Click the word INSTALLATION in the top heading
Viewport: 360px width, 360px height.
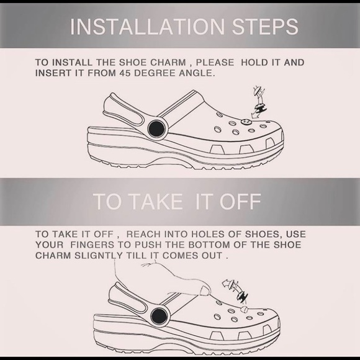tap(146, 26)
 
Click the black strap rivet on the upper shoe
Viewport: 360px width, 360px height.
tap(156, 129)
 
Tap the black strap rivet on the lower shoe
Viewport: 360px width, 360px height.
tap(160, 315)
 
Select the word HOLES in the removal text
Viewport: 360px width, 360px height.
tap(212, 234)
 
